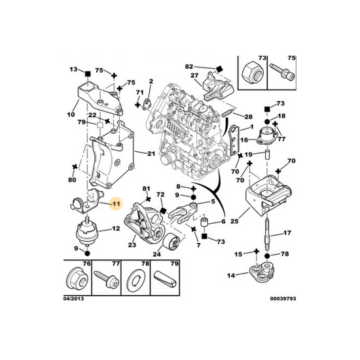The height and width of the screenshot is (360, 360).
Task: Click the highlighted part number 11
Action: coord(117,204)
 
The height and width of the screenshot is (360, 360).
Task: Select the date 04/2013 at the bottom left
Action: coord(73,298)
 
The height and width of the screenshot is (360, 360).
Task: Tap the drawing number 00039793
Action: coord(283,298)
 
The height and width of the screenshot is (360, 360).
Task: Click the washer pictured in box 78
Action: coord(135,282)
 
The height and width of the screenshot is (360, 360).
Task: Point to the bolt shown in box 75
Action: coord(283,72)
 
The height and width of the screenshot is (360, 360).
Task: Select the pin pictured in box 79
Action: coord(165,279)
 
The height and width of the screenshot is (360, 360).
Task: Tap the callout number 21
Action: coord(151,153)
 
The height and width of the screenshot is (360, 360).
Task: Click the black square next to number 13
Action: coord(88,74)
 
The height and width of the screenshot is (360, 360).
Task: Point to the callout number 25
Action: coord(234,221)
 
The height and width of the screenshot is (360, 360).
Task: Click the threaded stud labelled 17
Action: coord(267,234)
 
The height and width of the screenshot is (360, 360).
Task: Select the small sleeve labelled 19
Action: coord(268,156)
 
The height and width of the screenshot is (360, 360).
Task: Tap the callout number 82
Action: coord(189,67)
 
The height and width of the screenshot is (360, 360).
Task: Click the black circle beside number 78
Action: coord(267,256)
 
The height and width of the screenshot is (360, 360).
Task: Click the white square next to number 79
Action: coord(100,125)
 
